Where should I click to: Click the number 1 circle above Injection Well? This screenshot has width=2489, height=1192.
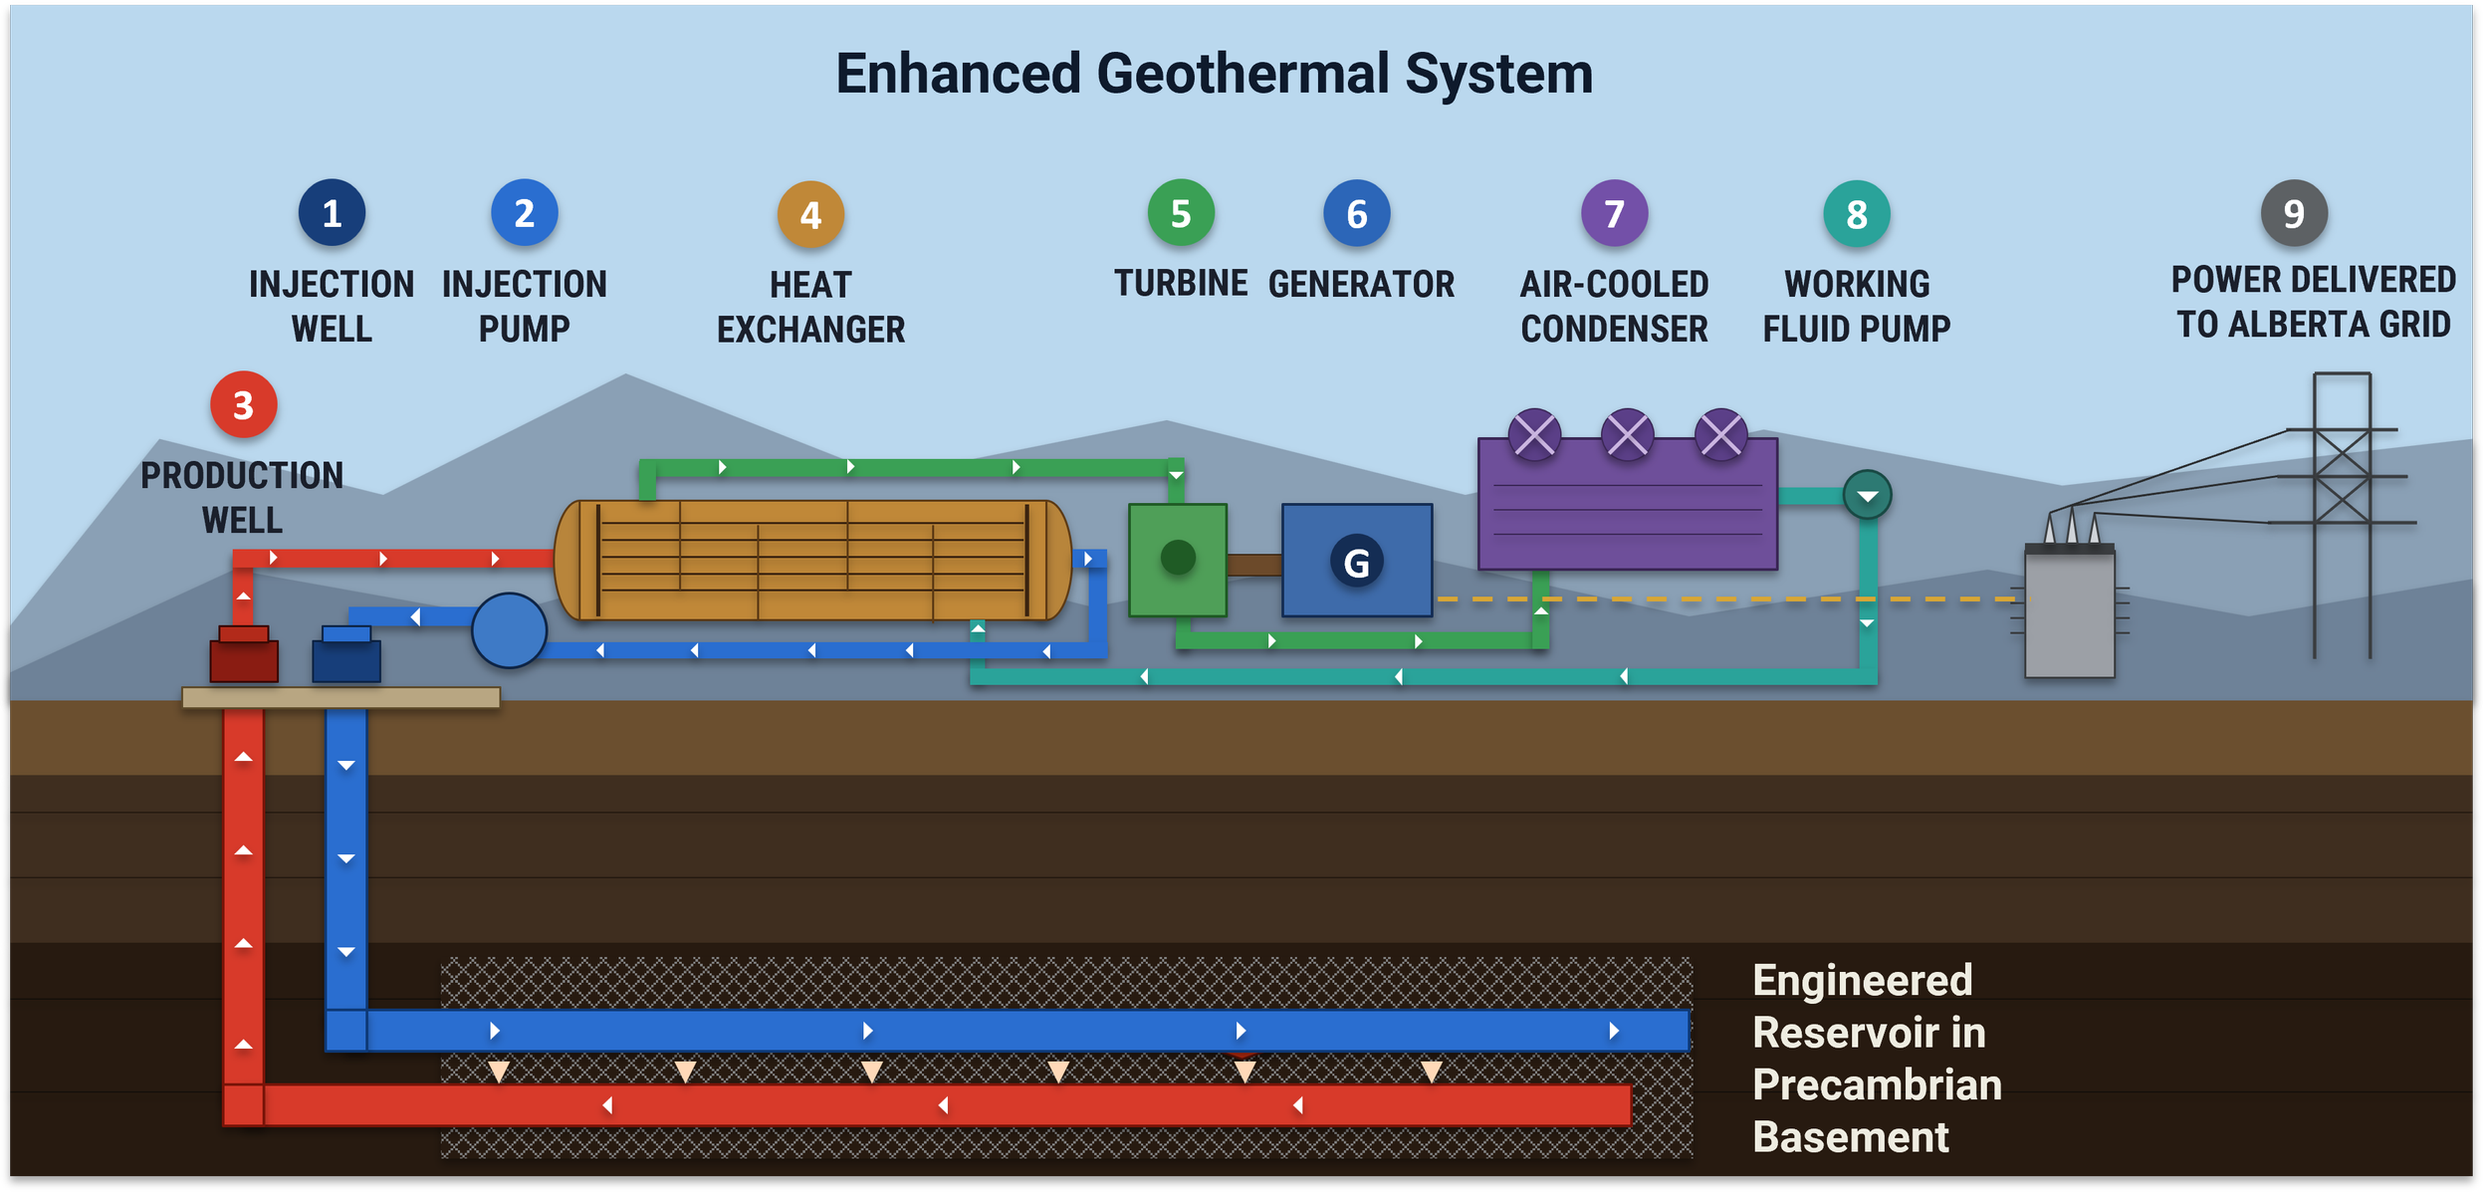[x=332, y=213]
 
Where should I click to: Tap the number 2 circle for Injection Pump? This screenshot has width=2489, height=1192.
[x=525, y=213]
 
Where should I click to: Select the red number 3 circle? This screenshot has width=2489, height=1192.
[x=243, y=404]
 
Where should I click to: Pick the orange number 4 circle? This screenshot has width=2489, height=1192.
[x=810, y=214]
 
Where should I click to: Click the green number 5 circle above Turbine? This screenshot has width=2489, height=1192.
[x=1181, y=213]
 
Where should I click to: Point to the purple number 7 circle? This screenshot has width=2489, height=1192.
[x=1614, y=213]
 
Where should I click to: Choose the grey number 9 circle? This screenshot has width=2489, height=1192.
[x=2294, y=213]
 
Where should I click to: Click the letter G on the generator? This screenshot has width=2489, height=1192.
[x=1356, y=563]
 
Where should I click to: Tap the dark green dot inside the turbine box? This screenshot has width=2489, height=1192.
[x=1178, y=558]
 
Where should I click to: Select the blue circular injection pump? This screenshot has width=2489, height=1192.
[x=509, y=630]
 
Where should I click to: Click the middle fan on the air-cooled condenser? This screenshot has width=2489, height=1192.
[x=1627, y=434]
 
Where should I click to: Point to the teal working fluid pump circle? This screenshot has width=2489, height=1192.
[x=1867, y=495]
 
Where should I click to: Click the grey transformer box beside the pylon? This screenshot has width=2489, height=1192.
[x=2070, y=611]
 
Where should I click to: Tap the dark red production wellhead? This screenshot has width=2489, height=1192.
[x=244, y=655]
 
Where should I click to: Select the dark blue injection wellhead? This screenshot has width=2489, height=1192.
[x=346, y=655]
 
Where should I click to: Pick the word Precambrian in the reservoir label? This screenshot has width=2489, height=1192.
[x=1877, y=1084]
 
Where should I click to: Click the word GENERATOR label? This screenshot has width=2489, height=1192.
[x=1361, y=285]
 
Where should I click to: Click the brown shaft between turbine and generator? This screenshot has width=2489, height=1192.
[x=1254, y=565]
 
